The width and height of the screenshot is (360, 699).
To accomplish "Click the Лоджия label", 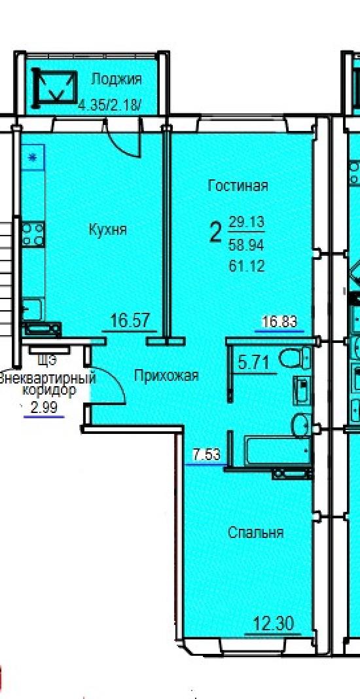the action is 116,80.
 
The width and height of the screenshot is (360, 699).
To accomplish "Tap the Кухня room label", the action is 108,230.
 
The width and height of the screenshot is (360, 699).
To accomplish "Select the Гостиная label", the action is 238,185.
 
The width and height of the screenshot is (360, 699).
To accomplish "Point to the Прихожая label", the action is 166,376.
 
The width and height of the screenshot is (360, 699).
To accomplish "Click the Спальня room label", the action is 256,533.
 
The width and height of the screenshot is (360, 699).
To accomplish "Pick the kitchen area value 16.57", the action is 130,320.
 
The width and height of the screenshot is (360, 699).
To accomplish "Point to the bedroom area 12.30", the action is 274,623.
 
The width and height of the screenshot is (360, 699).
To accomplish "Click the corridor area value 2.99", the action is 44,408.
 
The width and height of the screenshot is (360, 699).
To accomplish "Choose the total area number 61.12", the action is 246,266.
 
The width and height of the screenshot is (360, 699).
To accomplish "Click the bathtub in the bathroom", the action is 277,450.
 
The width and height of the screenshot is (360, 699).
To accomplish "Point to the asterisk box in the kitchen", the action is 33,157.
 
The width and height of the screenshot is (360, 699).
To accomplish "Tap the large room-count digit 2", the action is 215,232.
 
